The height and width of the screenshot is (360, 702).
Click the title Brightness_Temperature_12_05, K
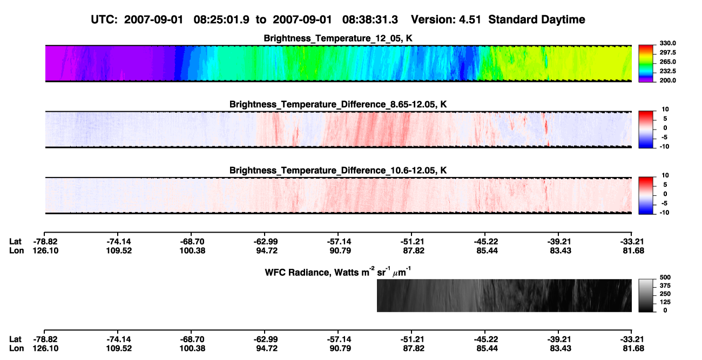pyautogui.click(x=338, y=38)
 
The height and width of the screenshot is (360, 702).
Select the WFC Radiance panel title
pyautogui.click(x=338, y=272)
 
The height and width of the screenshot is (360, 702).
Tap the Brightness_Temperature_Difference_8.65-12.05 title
pyautogui.click(x=338, y=104)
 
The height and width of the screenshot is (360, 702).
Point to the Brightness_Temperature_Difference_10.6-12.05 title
pyautogui.click(x=338, y=171)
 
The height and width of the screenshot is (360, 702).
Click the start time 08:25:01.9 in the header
pyautogui.click(x=221, y=19)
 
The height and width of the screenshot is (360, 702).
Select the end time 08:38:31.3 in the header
pyautogui.click(x=370, y=19)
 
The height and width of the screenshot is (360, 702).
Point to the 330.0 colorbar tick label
pyautogui.click(x=667, y=43)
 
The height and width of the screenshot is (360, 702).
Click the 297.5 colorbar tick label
pyautogui.click(x=667, y=52)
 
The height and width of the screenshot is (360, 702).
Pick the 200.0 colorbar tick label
pyautogui.click(x=667, y=80)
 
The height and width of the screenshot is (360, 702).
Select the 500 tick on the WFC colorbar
pyautogui.click(x=665, y=277)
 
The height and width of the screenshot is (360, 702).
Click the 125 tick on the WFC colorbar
pyautogui.click(x=665, y=302)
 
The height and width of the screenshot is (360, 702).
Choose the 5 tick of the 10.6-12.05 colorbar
pyautogui.click(x=665, y=185)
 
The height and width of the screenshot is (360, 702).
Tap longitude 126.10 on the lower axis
pyautogui.click(x=45, y=349)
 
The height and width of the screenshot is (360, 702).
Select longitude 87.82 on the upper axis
pyautogui.click(x=414, y=250)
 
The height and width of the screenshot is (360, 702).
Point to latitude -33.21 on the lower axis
pyautogui.click(x=632, y=339)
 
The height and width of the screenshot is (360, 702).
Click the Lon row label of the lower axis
pyautogui.click(x=17, y=349)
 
